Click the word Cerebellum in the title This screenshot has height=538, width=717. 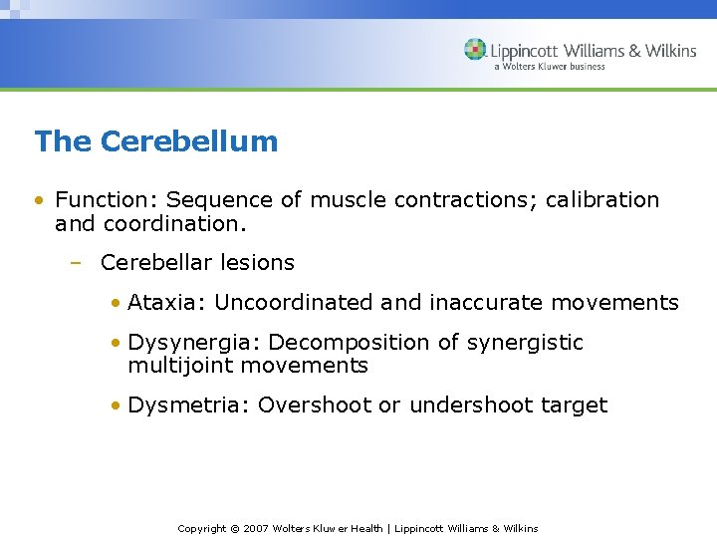coord(189,141)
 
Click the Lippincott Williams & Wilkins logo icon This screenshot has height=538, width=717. coord(475,50)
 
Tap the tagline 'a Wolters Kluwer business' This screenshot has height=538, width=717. coord(549,67)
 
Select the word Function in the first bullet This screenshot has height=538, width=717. coord(97,200)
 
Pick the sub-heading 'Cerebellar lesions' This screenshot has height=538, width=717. coord(197,263)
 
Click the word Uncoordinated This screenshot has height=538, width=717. coord(295,303)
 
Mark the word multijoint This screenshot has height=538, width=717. coord(176,366)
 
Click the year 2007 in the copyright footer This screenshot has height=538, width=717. coord(255,528)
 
